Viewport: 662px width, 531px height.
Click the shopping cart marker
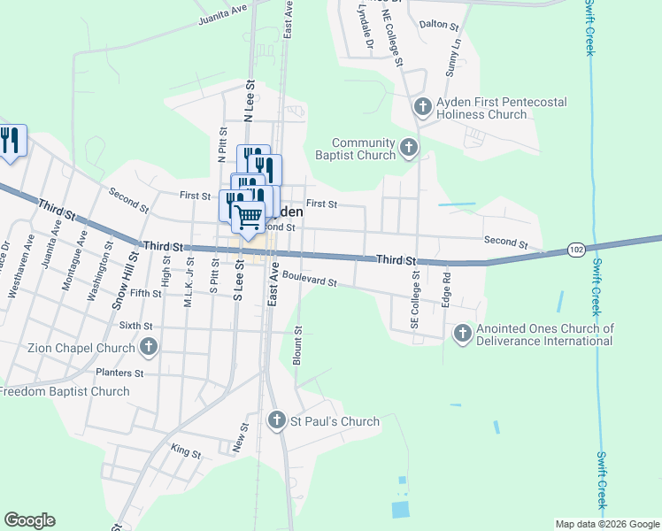(x=249, y=215)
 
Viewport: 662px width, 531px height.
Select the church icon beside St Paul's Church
(x=277, y=421)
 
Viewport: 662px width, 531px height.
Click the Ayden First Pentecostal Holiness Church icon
(x=422, y=108)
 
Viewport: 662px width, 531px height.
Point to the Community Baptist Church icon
(x=409, y=148)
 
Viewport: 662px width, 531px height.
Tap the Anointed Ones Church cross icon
(x=462, y=334)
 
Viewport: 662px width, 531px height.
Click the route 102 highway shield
(x=575, y=250)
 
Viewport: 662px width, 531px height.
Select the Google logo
(x=29, y=520)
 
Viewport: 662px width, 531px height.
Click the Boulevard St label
(x=310, y=281)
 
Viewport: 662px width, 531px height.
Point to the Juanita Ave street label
(x=224, y=13)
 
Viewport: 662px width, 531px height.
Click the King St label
(x=186, y=453)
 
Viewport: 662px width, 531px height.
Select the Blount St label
(x=297, y=346)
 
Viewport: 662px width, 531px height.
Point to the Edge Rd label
(x=446, y=290)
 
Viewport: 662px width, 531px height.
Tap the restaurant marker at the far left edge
(x=10, y=141)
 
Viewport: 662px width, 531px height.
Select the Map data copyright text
(x=606, y=524)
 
